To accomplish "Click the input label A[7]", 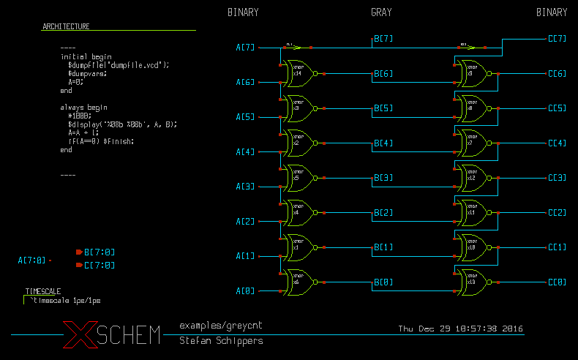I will tap(245, 48).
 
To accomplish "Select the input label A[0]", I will tap(245, 291).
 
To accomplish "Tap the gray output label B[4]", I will tap(383, 143).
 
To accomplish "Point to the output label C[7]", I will tap(557, 39).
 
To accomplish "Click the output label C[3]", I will tap(557, 178).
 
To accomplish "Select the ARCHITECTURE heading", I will tap(66, 26).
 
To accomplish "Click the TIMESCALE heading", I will tap(42, 291).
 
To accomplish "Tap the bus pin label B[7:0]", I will tap(99, 252).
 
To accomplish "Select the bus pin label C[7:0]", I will tap(99, 265).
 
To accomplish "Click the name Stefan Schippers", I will tap(221, 341).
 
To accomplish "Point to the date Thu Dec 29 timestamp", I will tap(460, 329).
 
